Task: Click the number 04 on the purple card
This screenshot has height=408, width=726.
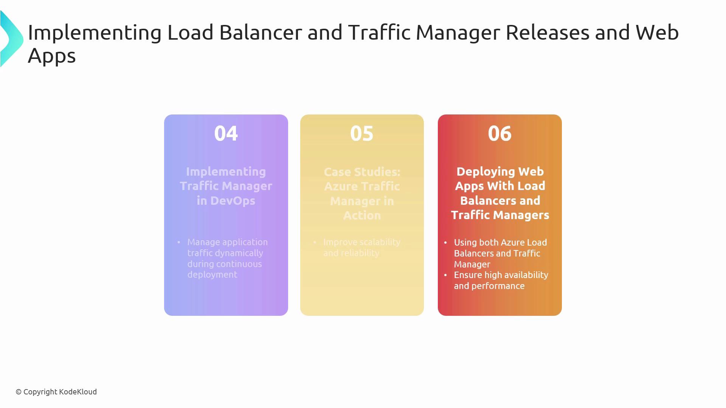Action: click(226, 133)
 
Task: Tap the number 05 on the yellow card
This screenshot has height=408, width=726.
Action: click(362, 133)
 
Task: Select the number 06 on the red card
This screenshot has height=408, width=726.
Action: click(500, 133)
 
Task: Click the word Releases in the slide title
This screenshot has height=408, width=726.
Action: click(547, 32)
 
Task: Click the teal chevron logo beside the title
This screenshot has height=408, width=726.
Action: click(11, 39)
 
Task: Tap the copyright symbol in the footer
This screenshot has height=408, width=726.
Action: click(19, 392)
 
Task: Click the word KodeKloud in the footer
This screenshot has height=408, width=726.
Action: click(78, 392)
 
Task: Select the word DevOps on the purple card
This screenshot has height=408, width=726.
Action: click(233, 201)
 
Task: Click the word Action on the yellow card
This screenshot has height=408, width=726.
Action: click(362, 215)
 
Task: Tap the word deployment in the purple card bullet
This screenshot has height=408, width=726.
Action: click(212, 275)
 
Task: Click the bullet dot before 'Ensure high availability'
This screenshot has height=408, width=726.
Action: click(445, 275)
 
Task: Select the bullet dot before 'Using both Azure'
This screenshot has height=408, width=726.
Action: click(445, 242)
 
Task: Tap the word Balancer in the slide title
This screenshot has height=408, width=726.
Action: click(261, 32)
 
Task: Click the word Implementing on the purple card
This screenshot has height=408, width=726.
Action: click(226, 172)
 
